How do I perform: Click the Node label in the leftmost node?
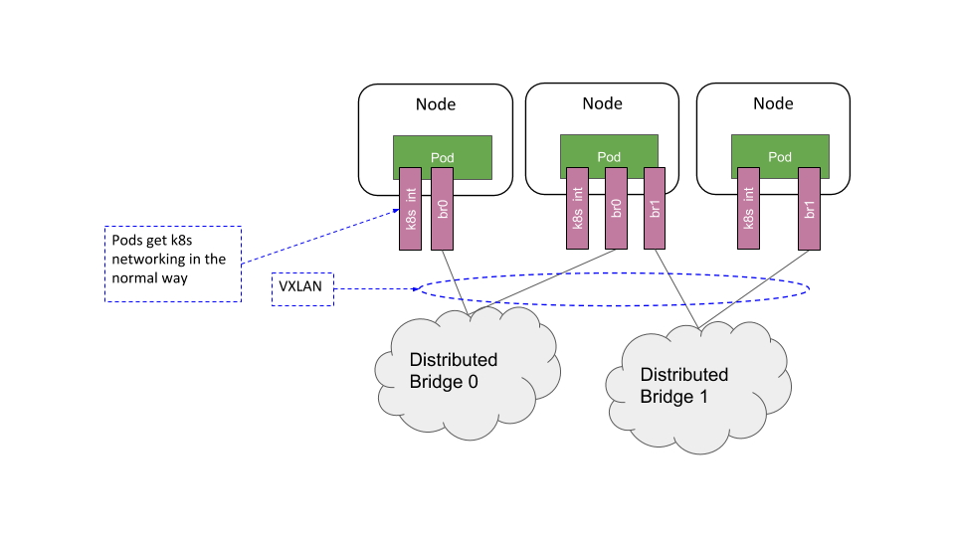[x=435, y=104]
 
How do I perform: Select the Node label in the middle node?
[x=602, y=104]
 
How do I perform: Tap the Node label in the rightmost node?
[x=773, y=104]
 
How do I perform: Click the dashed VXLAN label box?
[x=303, y=289]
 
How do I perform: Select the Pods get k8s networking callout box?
[x=173, y=264]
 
